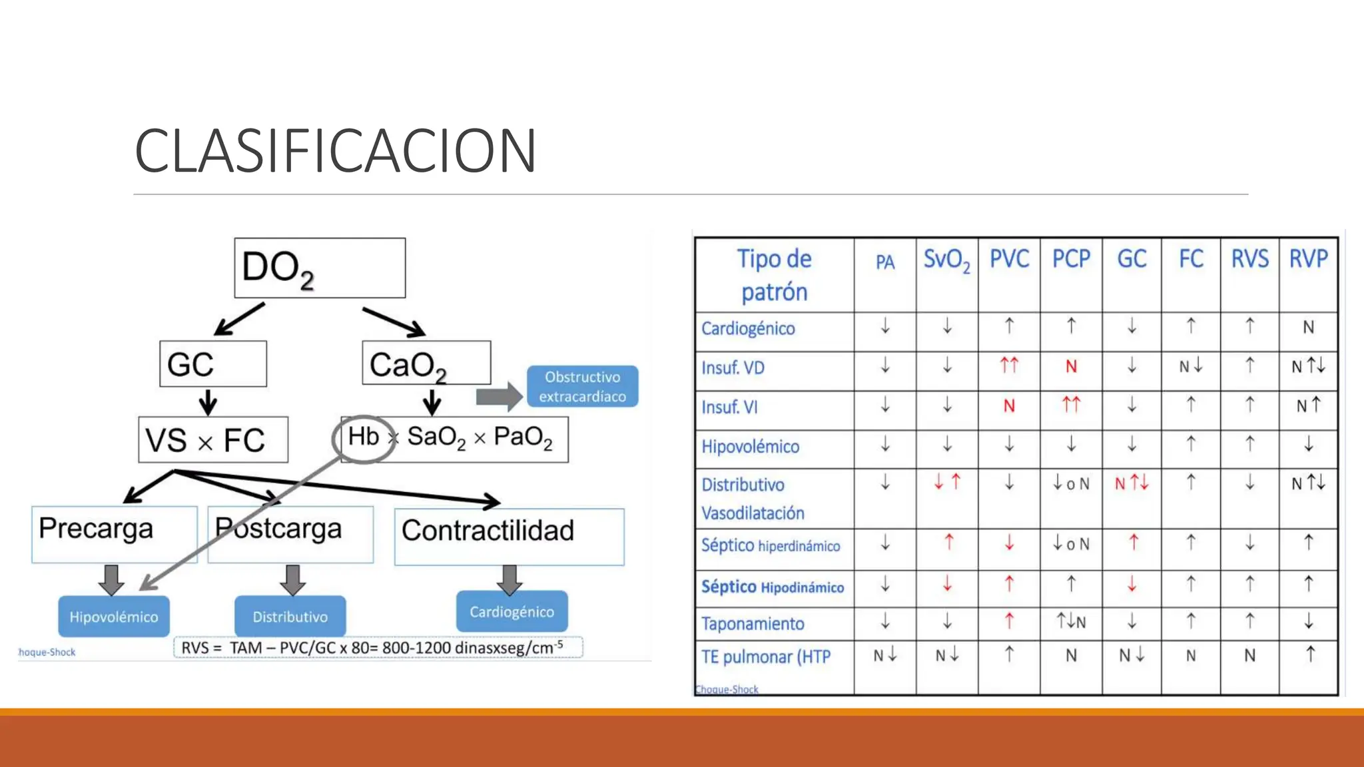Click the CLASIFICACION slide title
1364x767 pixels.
click(335, 150)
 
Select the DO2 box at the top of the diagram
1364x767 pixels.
click(320, 268)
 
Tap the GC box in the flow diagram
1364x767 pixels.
click(212, 364)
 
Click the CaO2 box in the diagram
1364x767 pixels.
click(426, 364)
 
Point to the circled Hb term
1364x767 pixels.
click(364, 437)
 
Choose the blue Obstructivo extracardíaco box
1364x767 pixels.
click(582, 386)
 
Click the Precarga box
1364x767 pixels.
click(114, 534)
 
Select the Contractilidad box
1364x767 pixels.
click(509, 536)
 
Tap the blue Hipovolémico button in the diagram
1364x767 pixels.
click(114, 617)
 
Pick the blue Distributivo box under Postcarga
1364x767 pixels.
click(290, 617)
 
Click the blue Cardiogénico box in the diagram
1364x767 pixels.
click(511, 611)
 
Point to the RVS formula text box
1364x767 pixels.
click(378, 647)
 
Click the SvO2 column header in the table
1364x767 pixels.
click(946, 260)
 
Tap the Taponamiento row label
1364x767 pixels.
click(753, 624)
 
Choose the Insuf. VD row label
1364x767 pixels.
click(733, 368)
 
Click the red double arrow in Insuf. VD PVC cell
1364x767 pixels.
click(1009, 366)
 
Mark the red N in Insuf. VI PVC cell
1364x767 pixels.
click(1009, 406)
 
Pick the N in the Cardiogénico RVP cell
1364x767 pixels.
click(1308, 328)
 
